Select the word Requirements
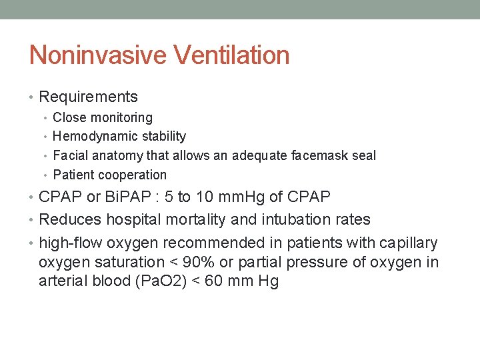click(x=89, y=97)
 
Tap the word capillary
click(x=410, y=243)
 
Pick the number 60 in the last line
click(x=213, y=281)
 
